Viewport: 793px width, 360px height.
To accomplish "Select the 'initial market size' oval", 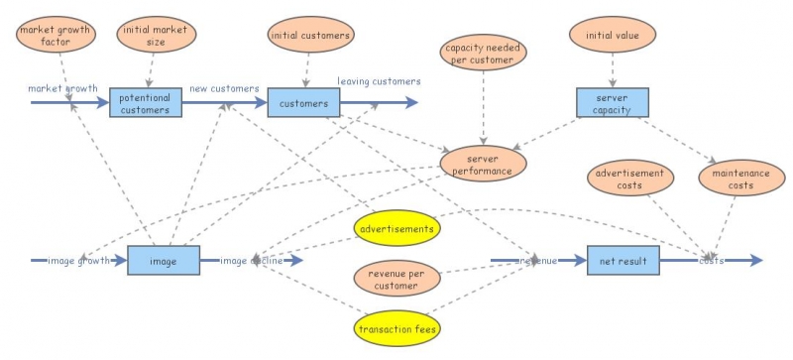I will [x=152, y=38].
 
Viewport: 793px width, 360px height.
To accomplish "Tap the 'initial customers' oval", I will [x=310, y=36].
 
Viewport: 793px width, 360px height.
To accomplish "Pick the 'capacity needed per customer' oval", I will [x=484, y=54].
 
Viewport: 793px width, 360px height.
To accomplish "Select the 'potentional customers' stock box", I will [x=145, y=102].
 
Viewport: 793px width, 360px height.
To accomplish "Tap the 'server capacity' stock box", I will [x=613, y=103].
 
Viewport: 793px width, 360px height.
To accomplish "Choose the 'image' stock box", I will [x=164, y=261].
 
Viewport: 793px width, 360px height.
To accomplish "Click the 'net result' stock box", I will [x=623, y=261].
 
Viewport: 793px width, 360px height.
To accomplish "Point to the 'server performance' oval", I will [x=483, y=164].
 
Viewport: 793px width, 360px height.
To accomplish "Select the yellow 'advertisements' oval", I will [x=396, y=229].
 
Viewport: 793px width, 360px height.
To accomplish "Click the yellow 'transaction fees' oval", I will [x=396, y=328].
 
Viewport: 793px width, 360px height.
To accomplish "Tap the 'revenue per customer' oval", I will [x=396, y=279].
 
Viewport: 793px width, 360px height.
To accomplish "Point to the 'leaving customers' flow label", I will [x=379, y=81].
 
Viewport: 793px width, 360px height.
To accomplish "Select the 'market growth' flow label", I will [x=62, y=88].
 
